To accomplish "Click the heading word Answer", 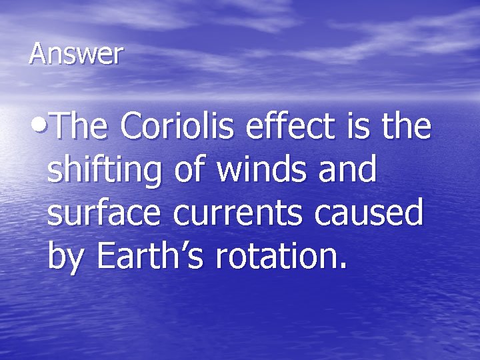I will [x=76, y=54].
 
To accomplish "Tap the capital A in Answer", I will [x=38, y=54].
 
